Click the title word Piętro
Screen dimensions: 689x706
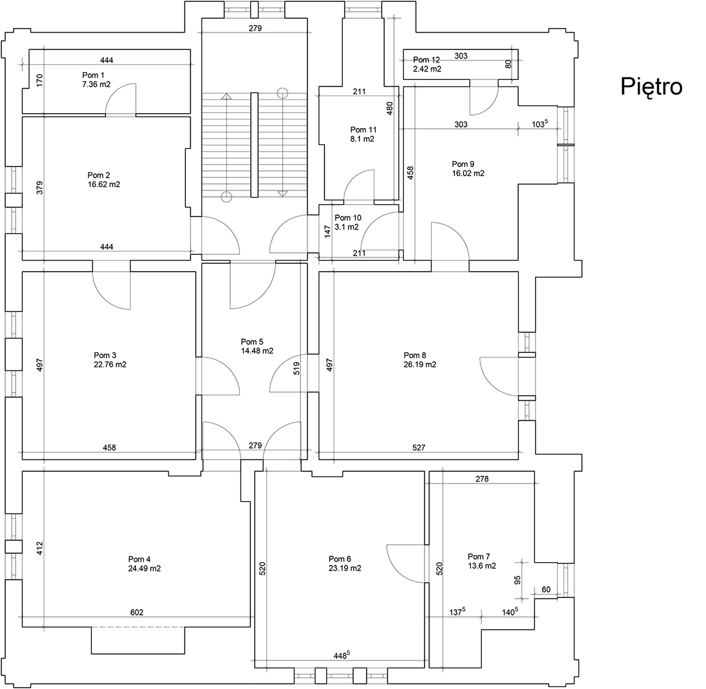[651, 86]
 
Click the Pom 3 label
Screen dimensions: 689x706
[105, 355]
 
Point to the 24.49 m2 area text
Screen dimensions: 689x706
[144, 568]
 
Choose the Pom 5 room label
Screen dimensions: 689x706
[252, 342]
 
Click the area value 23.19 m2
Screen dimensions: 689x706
[345, 568]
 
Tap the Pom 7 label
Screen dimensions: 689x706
[479, 556]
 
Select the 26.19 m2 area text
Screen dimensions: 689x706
[419, 365]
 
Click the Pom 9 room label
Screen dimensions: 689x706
[462, 164]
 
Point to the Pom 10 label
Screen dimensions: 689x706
[348, 218]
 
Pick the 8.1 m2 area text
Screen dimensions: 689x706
[362, 139]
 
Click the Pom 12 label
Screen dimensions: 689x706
[426, 59]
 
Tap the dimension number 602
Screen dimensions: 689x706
[137, 612]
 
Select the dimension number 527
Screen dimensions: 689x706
[419, 447]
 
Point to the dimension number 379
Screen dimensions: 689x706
[40, 188]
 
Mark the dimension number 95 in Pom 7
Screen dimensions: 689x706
[517, 579]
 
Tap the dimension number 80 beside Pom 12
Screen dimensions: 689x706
[508, 64]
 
